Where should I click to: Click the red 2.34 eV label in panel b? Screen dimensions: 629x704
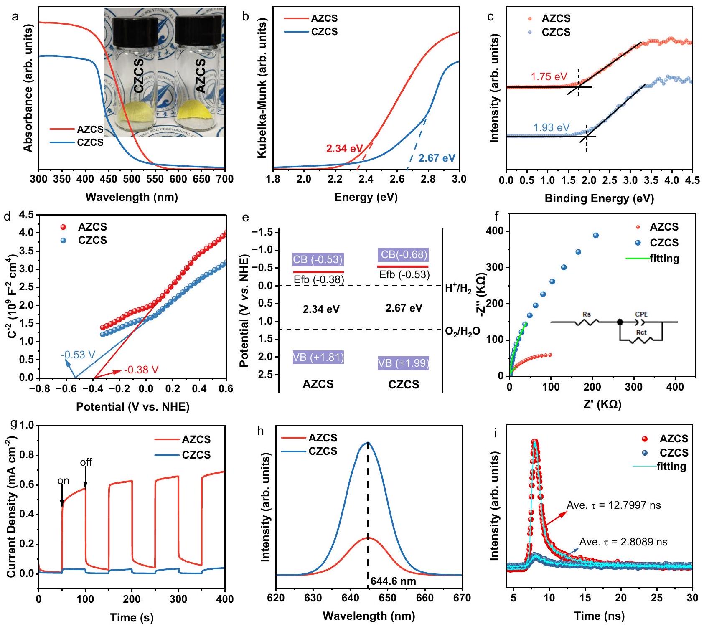coord(345,148)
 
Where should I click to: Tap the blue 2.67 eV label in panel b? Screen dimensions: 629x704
coord(437,158)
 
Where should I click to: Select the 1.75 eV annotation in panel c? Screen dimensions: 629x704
coord(549,77)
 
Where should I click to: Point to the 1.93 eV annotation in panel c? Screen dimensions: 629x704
coord(552,127)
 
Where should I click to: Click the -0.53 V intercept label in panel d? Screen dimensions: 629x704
coord(78,355)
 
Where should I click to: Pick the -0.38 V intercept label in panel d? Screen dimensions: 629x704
coord(141,370)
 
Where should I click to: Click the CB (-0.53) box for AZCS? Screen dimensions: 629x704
coord(318,259)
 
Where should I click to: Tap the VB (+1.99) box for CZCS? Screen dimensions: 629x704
coord(403,363)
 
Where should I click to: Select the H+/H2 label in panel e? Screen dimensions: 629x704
coord(458,289)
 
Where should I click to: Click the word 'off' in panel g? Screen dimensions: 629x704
coord(86,462)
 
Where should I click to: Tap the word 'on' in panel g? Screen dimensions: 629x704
coord(63,481)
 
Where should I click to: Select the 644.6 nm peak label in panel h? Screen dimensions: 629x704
coord(393,581)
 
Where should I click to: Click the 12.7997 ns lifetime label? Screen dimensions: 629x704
coord(613,505)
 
